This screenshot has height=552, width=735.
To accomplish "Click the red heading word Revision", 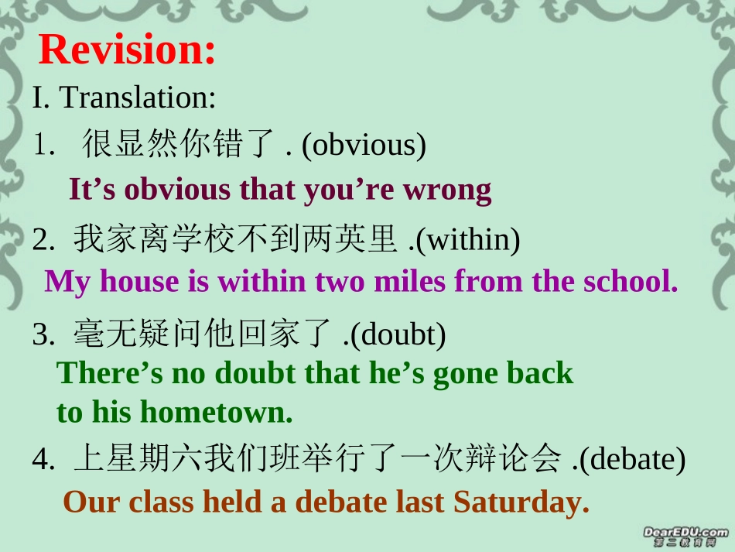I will tap(127, 50).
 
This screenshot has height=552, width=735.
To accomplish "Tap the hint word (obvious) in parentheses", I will tap(364, 145).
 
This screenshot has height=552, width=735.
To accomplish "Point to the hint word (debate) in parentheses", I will tap(632, 460).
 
